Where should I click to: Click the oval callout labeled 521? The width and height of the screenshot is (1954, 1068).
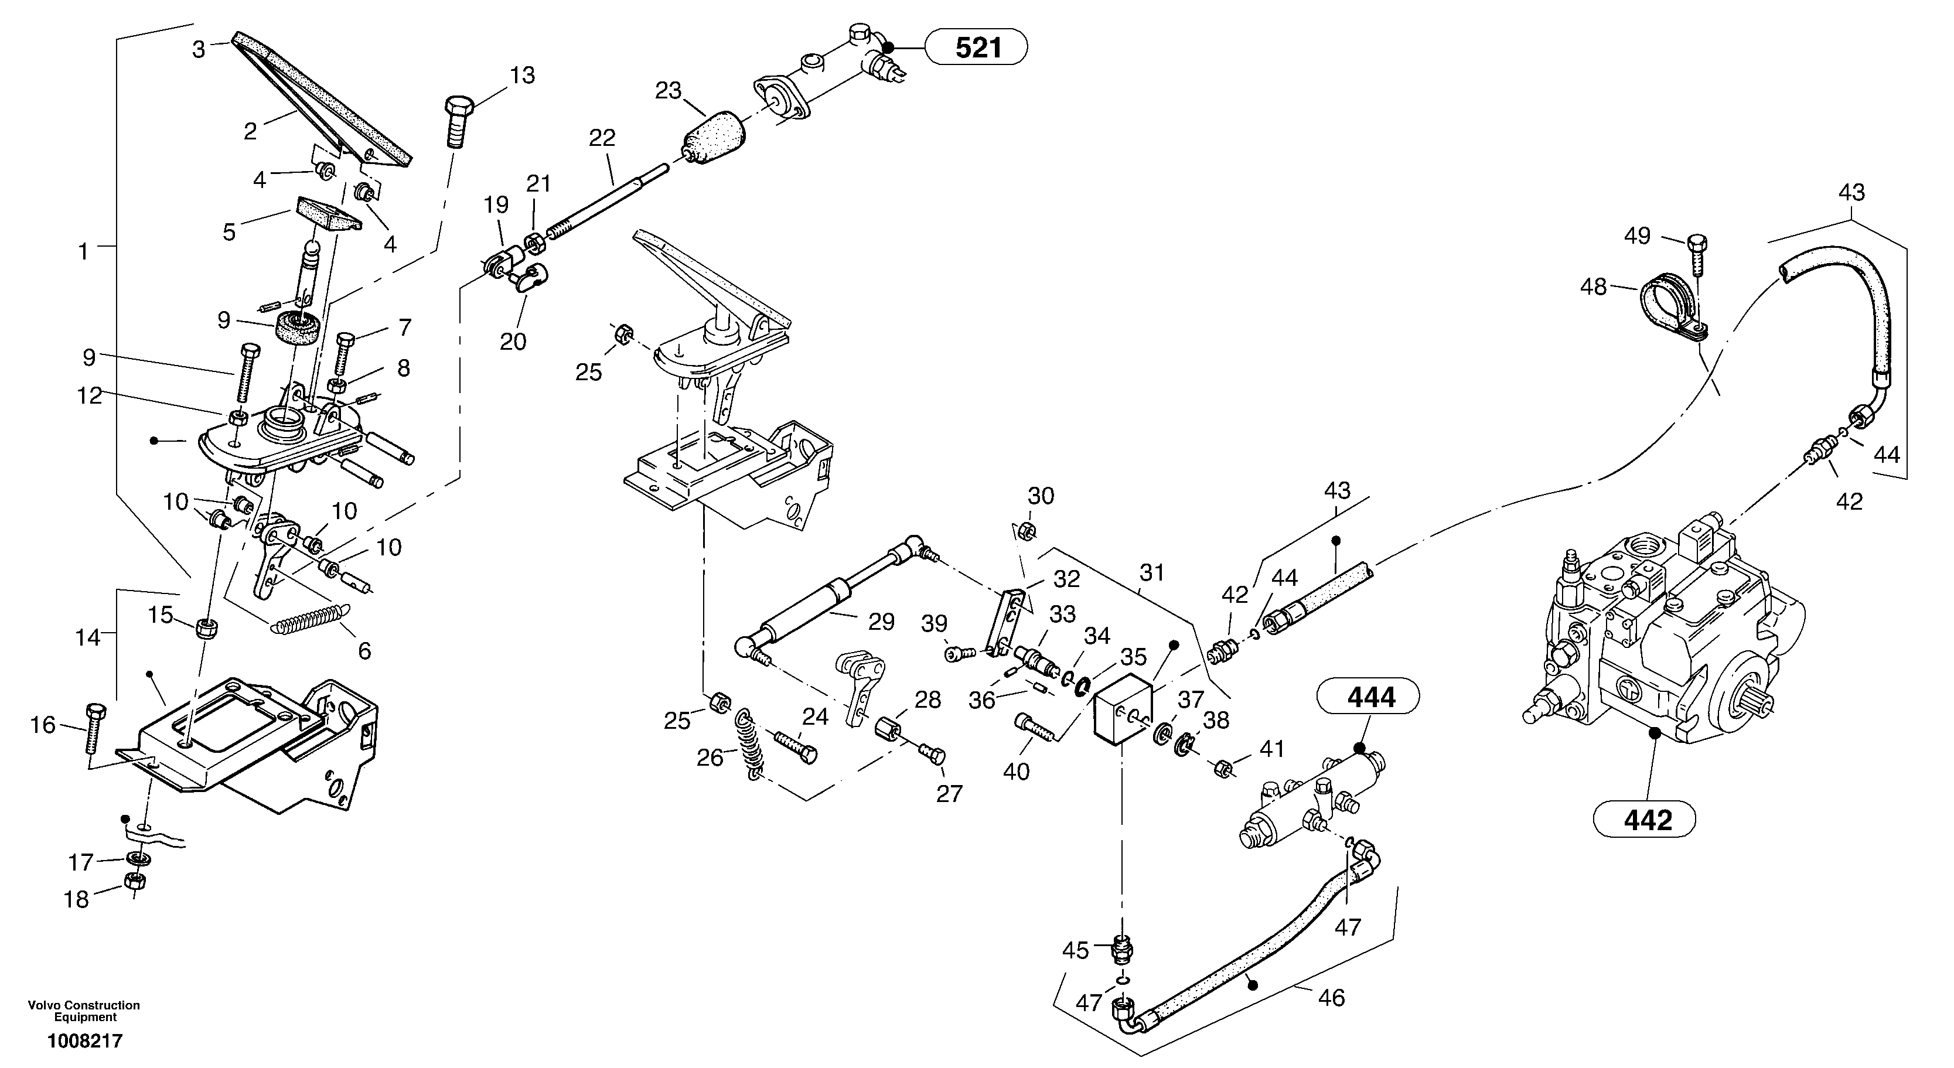pos(978,48)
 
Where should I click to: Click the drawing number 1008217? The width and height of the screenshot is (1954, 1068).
pos(84,1040)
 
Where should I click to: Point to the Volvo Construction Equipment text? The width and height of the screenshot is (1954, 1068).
pos(84,1011)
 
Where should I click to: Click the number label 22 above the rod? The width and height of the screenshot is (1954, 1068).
pos(602,138)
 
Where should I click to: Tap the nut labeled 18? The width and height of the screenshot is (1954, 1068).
pos(134,881)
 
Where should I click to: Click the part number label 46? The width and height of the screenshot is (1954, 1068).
pos(1331,998)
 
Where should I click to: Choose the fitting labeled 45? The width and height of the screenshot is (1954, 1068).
pos(1121,950)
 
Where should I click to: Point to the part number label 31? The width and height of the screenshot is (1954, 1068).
pos(1151,573)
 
